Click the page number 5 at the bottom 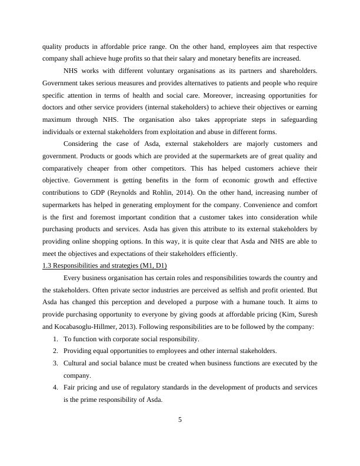[x=180, y=420]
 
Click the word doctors [x=54, y=107]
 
